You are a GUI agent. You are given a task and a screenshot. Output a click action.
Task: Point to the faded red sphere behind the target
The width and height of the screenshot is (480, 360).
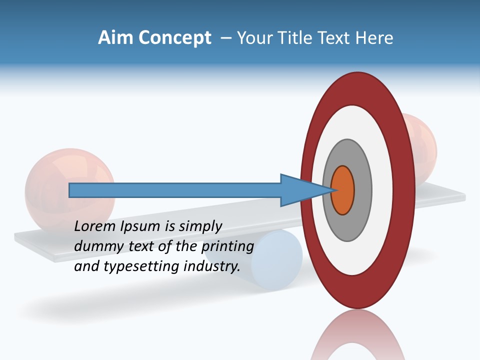[425, 145]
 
